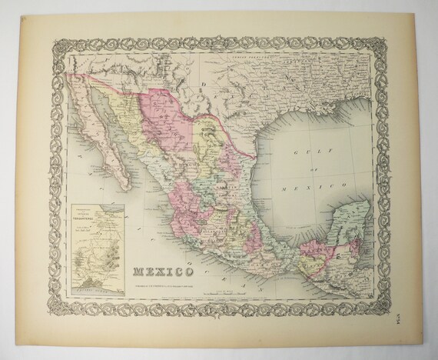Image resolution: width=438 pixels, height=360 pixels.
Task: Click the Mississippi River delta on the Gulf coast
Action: point(358,98)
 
